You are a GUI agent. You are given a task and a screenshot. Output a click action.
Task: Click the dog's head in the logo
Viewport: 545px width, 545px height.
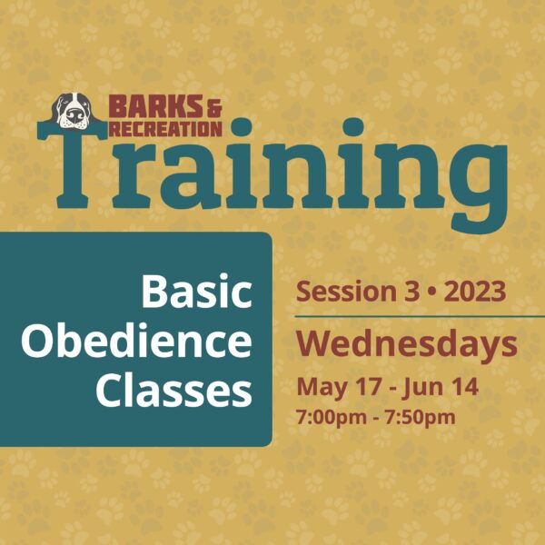pos(73,111)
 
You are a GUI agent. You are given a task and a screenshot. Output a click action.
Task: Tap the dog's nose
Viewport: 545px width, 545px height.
pos(74,115)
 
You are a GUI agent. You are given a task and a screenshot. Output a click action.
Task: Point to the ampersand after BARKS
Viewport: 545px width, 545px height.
pos(213,108)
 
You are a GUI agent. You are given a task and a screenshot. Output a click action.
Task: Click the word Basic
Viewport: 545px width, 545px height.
pos(196,292)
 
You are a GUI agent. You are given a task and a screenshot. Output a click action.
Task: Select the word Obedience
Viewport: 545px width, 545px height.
pos(136,341)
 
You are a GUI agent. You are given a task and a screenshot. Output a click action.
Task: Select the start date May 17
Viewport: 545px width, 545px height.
pos(339,387)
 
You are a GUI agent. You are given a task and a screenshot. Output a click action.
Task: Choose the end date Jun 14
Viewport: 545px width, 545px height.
pos(440,387)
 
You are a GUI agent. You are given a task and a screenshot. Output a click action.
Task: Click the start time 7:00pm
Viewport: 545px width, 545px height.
pos(332,418)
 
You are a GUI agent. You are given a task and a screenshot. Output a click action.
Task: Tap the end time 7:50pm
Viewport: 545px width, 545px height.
pos(420,418)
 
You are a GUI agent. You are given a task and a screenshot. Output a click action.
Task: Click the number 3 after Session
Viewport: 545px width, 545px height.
pos(411,292)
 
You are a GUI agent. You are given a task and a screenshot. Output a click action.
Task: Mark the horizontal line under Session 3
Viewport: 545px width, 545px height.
pos(420,317)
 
